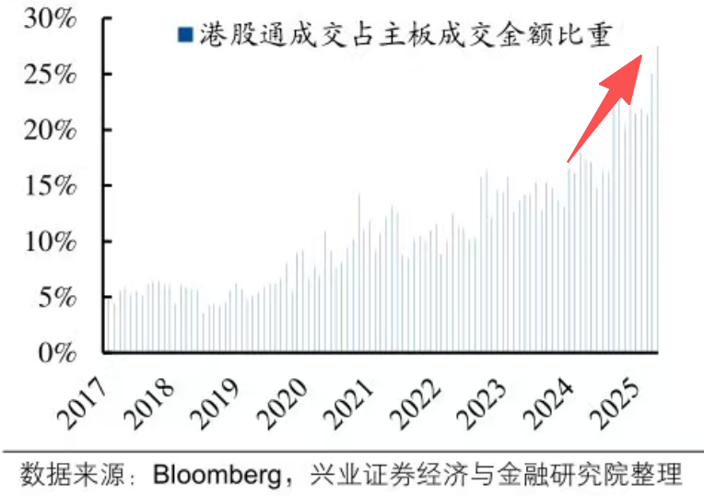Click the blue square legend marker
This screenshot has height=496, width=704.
(x=184, y=34)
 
